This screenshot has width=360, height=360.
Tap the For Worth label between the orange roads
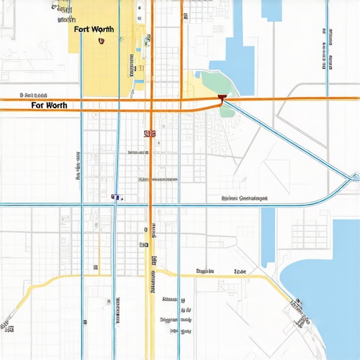pyautogui.click(x=50, y=105)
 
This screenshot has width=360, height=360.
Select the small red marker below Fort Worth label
pyautogui.click(x=102, y=41)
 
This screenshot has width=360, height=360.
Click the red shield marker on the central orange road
pyautogui.click(x=149, y=133)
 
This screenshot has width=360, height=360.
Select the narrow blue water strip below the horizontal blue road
pyautogui.click(x=268, y=236)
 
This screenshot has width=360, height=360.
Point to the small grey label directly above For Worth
pyautogui.click(x=34, y=94)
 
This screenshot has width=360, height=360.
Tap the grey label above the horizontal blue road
pyautogui.click(x=245, y=198)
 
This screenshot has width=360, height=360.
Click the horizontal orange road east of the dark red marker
pyautogui.click(x=295, y=98)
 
